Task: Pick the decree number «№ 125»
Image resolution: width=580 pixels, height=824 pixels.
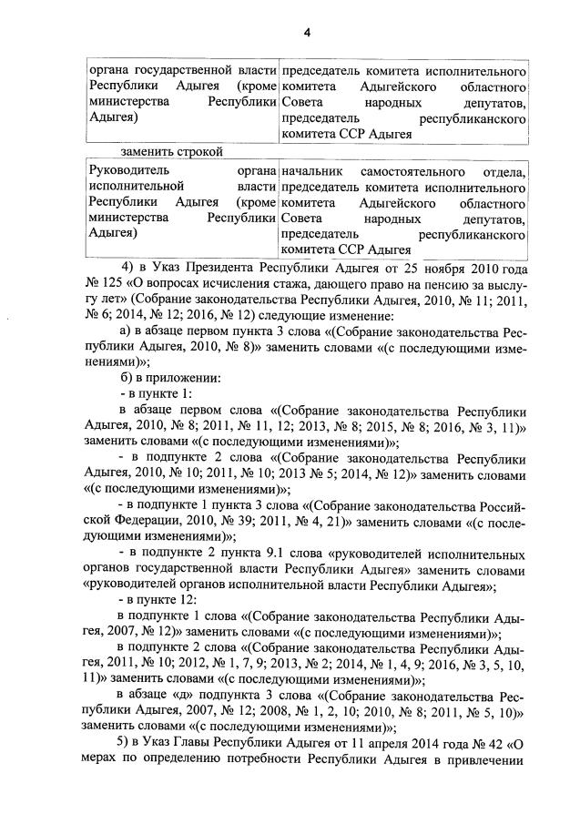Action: point(105,283)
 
